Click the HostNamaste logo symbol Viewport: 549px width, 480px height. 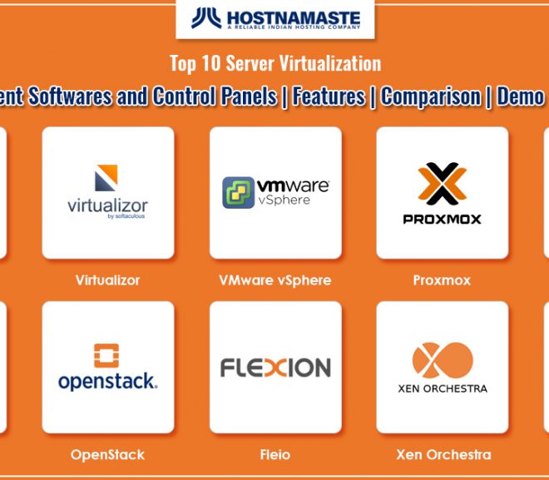click(206, 17)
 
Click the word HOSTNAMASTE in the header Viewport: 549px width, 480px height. click(294, 17)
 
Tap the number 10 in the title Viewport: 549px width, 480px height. click(210, 63)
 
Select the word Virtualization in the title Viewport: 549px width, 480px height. click(330, 63)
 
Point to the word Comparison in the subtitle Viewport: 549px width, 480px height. click(431, 96)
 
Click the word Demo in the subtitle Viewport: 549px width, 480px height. click(521, 96)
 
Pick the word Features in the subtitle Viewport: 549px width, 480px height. click(329, 96)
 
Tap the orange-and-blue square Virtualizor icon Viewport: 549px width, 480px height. click(106, 178)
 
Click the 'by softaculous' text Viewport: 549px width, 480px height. click(126, 216)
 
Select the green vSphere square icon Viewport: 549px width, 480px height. click(239, 192)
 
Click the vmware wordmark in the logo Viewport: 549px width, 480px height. click(293, 186)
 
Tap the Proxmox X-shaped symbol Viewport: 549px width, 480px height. click(443, 184)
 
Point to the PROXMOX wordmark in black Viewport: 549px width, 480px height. click(443, 220)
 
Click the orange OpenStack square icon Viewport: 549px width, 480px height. click(106, 356)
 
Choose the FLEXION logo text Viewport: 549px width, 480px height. click(275, 367)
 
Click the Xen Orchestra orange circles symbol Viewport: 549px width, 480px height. click(443, 360)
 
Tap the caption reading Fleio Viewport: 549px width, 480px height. click(275, 454)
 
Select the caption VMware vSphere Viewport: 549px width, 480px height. click(275, 280)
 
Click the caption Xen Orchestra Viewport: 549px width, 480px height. click(443, 454)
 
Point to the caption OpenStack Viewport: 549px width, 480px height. click(107, 455)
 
